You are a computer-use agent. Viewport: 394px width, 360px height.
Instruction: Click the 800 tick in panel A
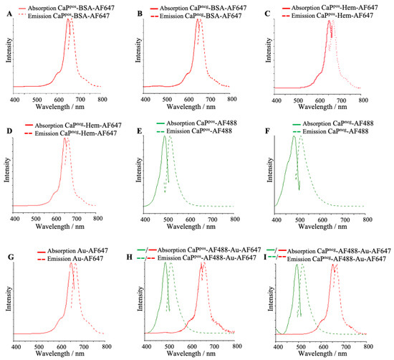[103, 101]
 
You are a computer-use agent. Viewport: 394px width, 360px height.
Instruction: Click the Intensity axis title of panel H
[138, 298]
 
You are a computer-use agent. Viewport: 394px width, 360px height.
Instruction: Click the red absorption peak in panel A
[68, 19]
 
